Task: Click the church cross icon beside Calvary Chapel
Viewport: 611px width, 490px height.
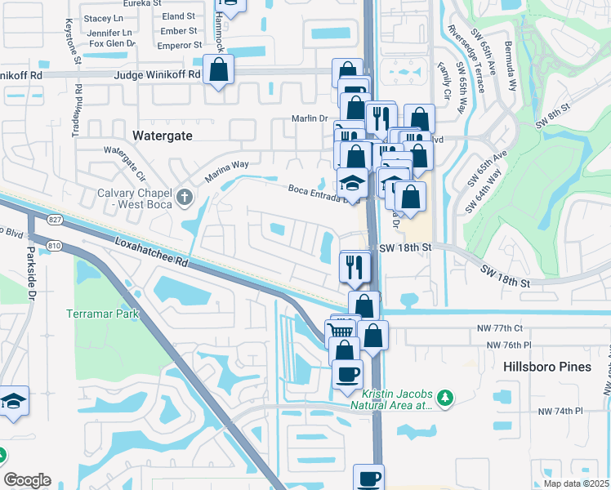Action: click(185, 197)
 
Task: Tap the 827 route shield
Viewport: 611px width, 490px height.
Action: click(55, 220)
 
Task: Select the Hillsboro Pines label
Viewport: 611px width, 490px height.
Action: click(546, 367)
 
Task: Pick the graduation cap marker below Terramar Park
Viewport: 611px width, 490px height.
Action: click(14, 402)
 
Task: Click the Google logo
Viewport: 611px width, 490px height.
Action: click(27, 480)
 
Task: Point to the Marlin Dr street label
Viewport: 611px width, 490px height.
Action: click(309, 118)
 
